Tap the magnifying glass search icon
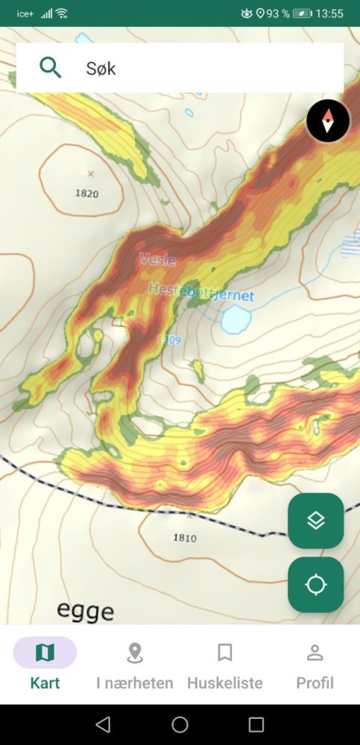click(50, 68)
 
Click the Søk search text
click(101, 69)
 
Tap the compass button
click(328, 121)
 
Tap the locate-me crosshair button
click(316, 585)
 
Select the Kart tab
click(45, 663)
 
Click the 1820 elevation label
click(87, 194)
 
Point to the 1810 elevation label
click(185, 538)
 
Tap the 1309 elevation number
click(169, 340)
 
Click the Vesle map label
click(157, 260)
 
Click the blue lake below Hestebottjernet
click(236, 320)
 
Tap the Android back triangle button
click(104, 724)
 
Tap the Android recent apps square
click(256, 724)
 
